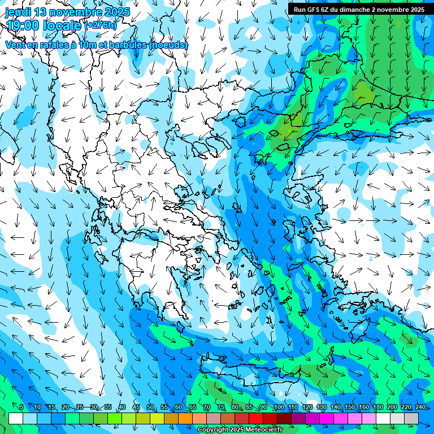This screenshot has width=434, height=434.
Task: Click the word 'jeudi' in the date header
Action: (x=19, y=12)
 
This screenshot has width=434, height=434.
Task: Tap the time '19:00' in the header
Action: (x=23, y=25)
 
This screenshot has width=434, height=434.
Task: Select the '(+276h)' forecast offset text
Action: (x=101, y=25)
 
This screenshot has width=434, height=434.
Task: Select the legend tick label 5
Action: (x=21, y=407)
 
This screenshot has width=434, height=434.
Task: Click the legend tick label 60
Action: (x=179, y=407)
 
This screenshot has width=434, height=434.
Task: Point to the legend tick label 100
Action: (x=279, y=407)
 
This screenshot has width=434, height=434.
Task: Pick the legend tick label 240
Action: (x=420, y=407)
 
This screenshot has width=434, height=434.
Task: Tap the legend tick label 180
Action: (x=378, y=407)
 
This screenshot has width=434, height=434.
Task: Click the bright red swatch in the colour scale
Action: (x=256, y=418)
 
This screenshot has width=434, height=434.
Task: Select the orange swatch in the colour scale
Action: (x=185, y=418)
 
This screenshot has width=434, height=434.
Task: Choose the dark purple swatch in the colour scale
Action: (x=298, y=418)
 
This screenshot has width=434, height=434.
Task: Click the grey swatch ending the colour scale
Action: (x=411, y=418)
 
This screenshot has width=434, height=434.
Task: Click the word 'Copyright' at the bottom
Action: (x=214, y=430)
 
